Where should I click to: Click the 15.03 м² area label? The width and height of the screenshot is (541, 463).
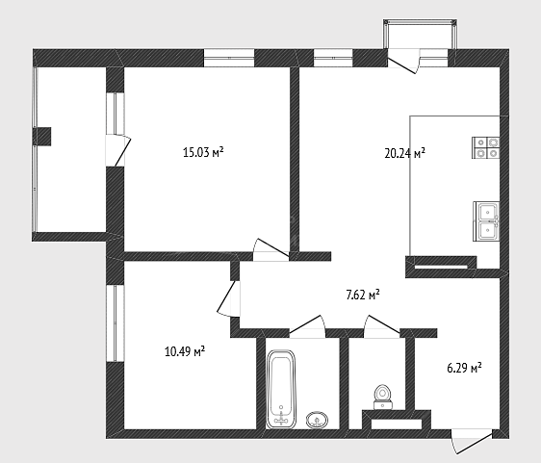click(x=203, y=152)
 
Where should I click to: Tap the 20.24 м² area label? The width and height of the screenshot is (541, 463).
click(x=404, y=153)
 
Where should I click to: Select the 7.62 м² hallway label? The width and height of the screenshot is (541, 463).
click(x=363, y=296)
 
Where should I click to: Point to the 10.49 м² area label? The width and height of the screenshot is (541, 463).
click(x=185, y=352)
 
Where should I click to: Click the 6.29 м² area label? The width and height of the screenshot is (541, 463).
click(x=464, y=368)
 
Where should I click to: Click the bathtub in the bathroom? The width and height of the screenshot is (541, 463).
click(x=281, y=390)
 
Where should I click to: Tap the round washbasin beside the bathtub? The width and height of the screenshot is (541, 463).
click(x=317, y=420)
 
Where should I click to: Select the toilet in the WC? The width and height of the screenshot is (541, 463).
click(x=382, y=398)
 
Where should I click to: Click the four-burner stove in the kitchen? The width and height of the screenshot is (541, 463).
click(x=485, y=147)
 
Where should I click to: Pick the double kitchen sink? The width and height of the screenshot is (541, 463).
click(x=486, y=220)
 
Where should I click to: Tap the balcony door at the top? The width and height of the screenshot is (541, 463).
click(x=403, y=62)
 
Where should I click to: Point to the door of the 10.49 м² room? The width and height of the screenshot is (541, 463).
click(x=228, y=297)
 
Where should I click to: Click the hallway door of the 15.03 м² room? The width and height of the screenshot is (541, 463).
click(x=271, y=249)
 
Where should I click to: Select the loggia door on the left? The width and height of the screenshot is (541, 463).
click(x=118, y=151)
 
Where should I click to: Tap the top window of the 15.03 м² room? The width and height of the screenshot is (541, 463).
click(x=229, y=58)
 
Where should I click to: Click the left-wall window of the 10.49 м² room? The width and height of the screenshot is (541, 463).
click(x=115, y=323)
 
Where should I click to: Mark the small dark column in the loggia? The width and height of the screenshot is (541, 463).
click(x=41, y=137)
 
